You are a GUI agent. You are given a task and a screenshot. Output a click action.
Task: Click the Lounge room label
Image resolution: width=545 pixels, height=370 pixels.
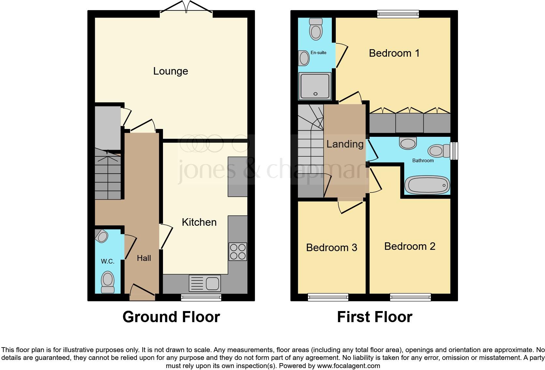pyautogui.click(x=170, y=71)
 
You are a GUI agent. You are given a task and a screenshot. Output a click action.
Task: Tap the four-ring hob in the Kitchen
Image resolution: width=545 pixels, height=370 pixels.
pyautogui.click(x=238, y=252)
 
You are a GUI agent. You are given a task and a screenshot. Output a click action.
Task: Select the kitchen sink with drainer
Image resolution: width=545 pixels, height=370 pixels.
pyautogui.click(x=205, y=283)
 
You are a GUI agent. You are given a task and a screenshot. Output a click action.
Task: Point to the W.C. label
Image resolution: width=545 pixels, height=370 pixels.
pyautogui.click(x=107, y=261)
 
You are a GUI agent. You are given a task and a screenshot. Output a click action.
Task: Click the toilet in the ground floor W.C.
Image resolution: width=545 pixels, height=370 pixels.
pyautogui.click(x=108, y=282)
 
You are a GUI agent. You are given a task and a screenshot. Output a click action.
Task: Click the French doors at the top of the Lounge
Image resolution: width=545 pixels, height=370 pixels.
pyautogui.click(x=186, y=8)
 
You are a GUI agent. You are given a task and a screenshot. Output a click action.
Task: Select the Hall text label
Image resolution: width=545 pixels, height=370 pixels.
pyautogui.click(x=144, y=258)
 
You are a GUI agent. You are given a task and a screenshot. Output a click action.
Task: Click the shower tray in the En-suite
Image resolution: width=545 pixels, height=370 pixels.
pyautogui.click(x=315, y=86)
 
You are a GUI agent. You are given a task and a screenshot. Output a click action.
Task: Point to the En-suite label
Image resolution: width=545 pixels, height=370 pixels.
pyautogui.click(x=318, y=52)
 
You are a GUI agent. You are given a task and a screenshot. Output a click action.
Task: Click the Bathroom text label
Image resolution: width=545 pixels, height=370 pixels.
pyautogui.click(x=423, y=160)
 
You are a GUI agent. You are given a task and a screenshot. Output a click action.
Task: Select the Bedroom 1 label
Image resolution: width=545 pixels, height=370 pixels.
pyautogui.click(x=394, y=53)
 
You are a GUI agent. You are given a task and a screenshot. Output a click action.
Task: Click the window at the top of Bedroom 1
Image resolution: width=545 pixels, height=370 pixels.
pyautogui.click(x=398, y=13)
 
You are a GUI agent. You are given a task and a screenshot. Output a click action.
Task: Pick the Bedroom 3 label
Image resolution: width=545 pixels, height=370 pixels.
pyautogui.click(x=331, y=248)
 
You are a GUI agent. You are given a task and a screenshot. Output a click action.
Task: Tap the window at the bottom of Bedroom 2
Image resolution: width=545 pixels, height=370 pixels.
pyautogui.click(x=410, y=297)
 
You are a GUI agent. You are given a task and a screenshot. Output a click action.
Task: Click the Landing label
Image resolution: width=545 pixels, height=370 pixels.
pyautogui.click(x=345, y=144)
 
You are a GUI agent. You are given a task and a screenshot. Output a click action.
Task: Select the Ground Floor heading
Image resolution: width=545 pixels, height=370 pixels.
pyautogui.click(x=171, y=317)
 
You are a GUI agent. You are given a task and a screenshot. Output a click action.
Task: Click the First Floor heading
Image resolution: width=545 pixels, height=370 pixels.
pyautogui.click(x=375, y=317)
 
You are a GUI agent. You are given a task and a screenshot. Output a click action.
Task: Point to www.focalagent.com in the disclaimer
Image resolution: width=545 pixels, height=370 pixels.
pyautogui.click(x=348, y=365)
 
